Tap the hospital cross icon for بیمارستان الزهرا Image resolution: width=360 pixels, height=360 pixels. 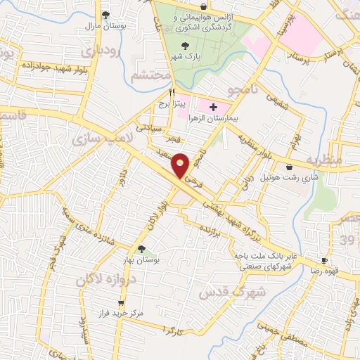click(214, 106)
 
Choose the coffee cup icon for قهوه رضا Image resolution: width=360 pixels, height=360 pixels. click(325, 259)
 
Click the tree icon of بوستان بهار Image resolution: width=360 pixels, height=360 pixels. click(141, 248)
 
